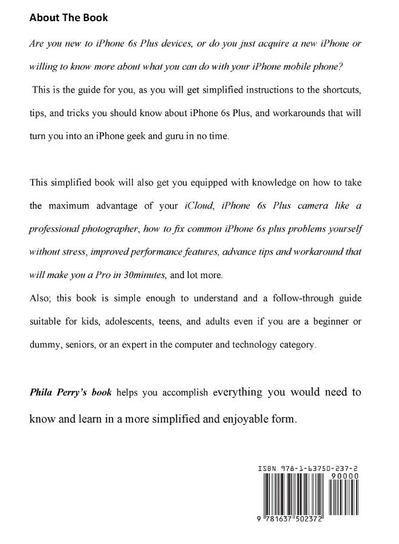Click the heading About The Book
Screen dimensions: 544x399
coord(69,18)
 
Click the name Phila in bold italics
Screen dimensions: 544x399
coord(43,392)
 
